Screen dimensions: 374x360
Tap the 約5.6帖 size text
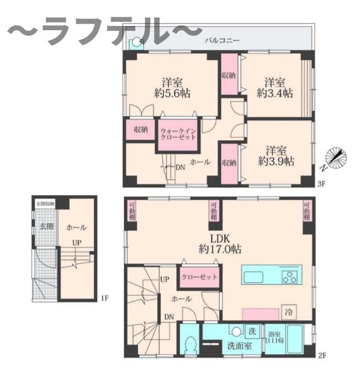tap(172, 94)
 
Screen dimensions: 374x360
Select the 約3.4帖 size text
tap(275, 94)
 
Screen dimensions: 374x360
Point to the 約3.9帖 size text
tap(276, 161)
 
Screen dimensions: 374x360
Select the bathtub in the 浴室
tap(296, 341)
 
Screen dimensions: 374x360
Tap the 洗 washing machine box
tap(253, 331)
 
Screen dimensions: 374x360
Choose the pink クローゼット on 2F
tap(199, 277)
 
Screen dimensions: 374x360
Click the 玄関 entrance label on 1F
tap(46, 227)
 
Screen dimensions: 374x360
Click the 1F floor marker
tap(104, 298)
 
